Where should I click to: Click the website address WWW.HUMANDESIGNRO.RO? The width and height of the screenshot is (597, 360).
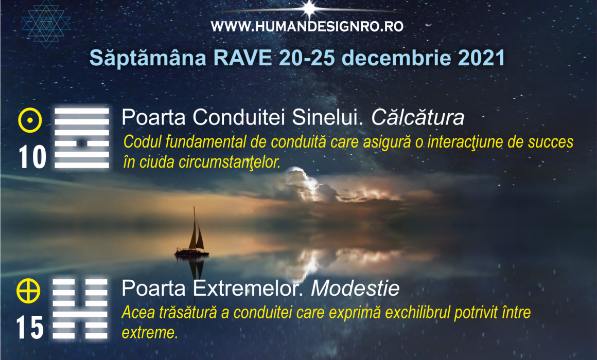[x=307, y=27]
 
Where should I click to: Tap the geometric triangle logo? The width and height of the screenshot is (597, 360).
[x=46, y=24]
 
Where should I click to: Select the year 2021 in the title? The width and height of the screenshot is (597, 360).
[x=481, y=58]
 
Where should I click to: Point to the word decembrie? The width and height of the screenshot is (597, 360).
[x=396, y=58]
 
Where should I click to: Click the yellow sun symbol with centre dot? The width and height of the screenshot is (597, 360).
[x=30, y=120]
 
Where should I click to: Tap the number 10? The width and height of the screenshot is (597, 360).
[x=33, y=157]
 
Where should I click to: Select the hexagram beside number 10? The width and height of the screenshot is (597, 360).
[x=82, y=138]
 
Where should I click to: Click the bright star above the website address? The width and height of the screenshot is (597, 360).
[x=310, y=8]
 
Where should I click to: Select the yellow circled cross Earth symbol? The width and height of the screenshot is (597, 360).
[x=28, y=291]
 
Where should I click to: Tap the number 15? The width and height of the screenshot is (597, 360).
[x=30, y=328]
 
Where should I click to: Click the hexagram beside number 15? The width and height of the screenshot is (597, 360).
[x=80, y=309]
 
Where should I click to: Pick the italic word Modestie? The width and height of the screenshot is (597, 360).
[x=355, y=289]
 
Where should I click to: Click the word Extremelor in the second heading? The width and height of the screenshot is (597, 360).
[x=248, y=289]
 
